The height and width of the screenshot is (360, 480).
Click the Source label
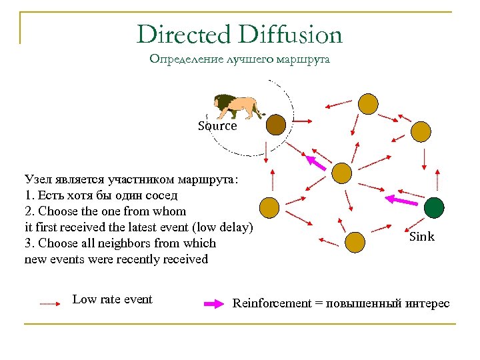pos(217,126)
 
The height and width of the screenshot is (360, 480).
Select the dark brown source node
pos(275,124)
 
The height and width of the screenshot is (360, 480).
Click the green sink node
pos(435,208)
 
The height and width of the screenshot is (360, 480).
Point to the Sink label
pos(421,237)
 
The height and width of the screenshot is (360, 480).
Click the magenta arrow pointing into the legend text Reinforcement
pos(213,304)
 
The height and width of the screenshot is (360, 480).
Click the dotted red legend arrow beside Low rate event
pos(50,303)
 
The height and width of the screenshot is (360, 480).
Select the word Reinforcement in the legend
pos(271,304)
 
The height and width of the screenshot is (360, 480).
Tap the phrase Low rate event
pos(112,299)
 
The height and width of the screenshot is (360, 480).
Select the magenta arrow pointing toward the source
pos(316,162)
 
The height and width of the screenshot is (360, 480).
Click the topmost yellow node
pos(368,103)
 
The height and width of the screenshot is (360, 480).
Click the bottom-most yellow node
pos(355,241)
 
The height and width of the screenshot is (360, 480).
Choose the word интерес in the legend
pos(428,304)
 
